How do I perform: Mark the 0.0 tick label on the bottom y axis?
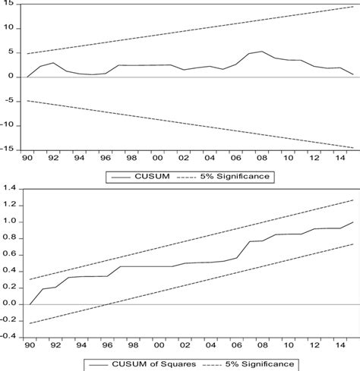(x=9, y=303)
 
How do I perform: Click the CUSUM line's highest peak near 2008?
(x=261, y=52)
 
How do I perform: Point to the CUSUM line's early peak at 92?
(x=53, y=62)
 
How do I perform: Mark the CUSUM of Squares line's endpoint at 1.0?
(x=352, y=222)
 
